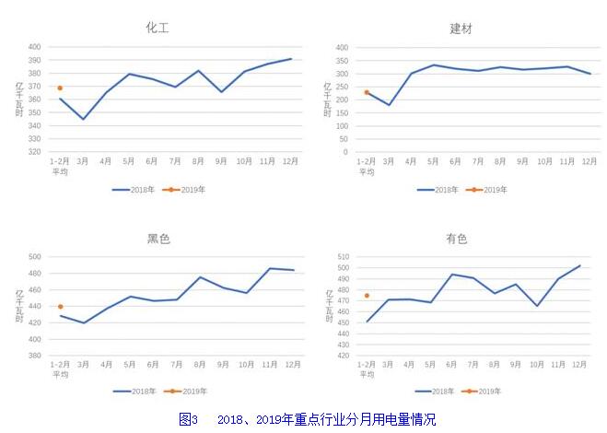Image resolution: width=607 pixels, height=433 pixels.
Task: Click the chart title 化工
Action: [158, 28]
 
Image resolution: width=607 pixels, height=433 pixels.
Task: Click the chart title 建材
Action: [461, 29]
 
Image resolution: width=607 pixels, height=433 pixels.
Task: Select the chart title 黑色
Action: [158, 239]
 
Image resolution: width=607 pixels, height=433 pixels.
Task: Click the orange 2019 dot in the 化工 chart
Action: [60, 88]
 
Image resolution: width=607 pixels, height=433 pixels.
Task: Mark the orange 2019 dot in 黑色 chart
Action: [60, 307]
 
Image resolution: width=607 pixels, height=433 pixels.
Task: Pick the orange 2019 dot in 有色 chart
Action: [367, 296]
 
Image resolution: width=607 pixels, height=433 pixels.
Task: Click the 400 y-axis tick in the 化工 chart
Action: [34, 47]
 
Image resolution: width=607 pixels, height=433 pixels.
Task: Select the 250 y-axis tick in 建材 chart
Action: [341, 87]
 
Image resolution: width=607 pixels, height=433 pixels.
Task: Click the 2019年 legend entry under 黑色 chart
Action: [188, 392]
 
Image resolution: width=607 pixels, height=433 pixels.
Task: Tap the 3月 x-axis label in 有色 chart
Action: [389, 365]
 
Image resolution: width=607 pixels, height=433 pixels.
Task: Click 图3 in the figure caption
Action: [188, 419]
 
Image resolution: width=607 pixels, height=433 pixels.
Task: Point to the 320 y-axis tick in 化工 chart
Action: [34, 152]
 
